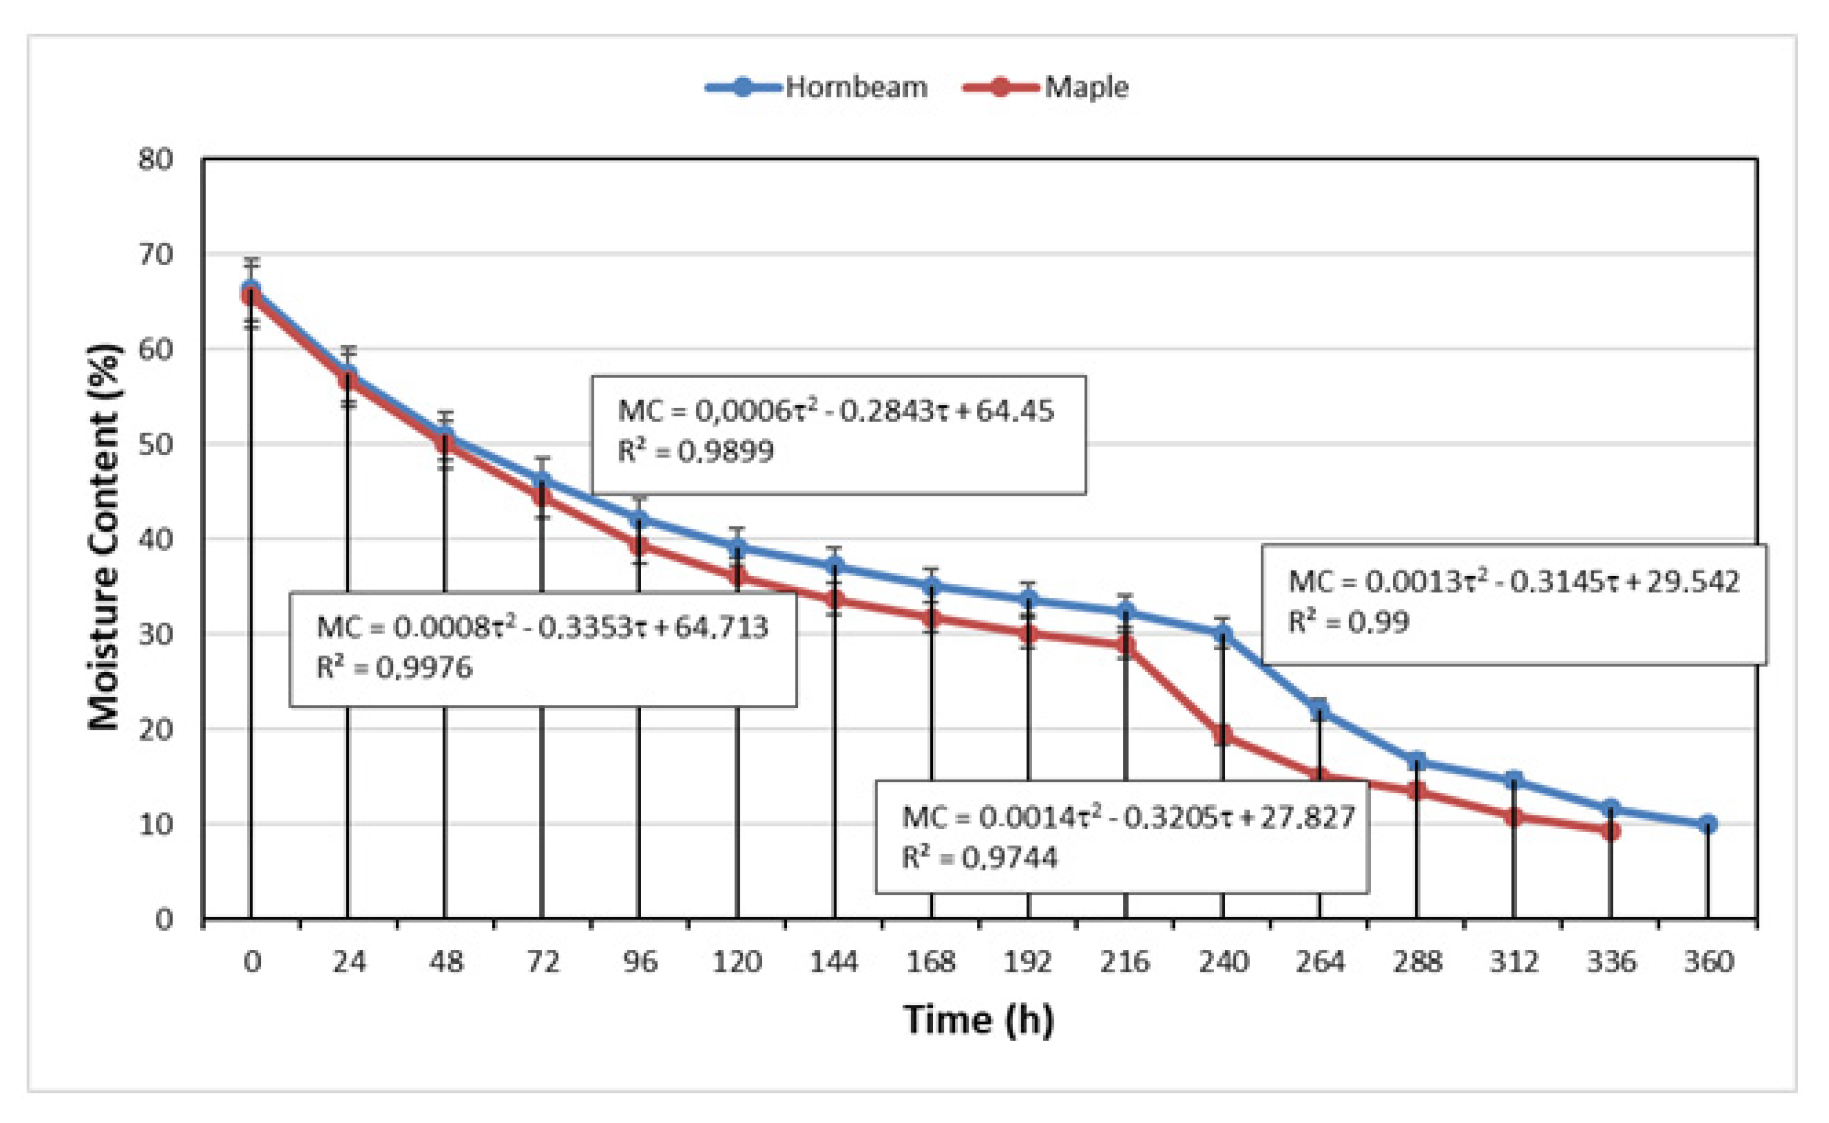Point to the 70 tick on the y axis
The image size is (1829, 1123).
155,255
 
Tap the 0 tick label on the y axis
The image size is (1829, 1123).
163,919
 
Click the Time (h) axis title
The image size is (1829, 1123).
978,1019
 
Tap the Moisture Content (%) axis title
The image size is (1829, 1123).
104,536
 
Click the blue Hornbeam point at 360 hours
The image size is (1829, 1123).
1708,824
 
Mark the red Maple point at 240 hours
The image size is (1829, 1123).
1223,735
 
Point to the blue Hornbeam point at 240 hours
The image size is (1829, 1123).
1223,634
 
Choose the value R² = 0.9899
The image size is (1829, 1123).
696,451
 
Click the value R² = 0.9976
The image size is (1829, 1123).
394,668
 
